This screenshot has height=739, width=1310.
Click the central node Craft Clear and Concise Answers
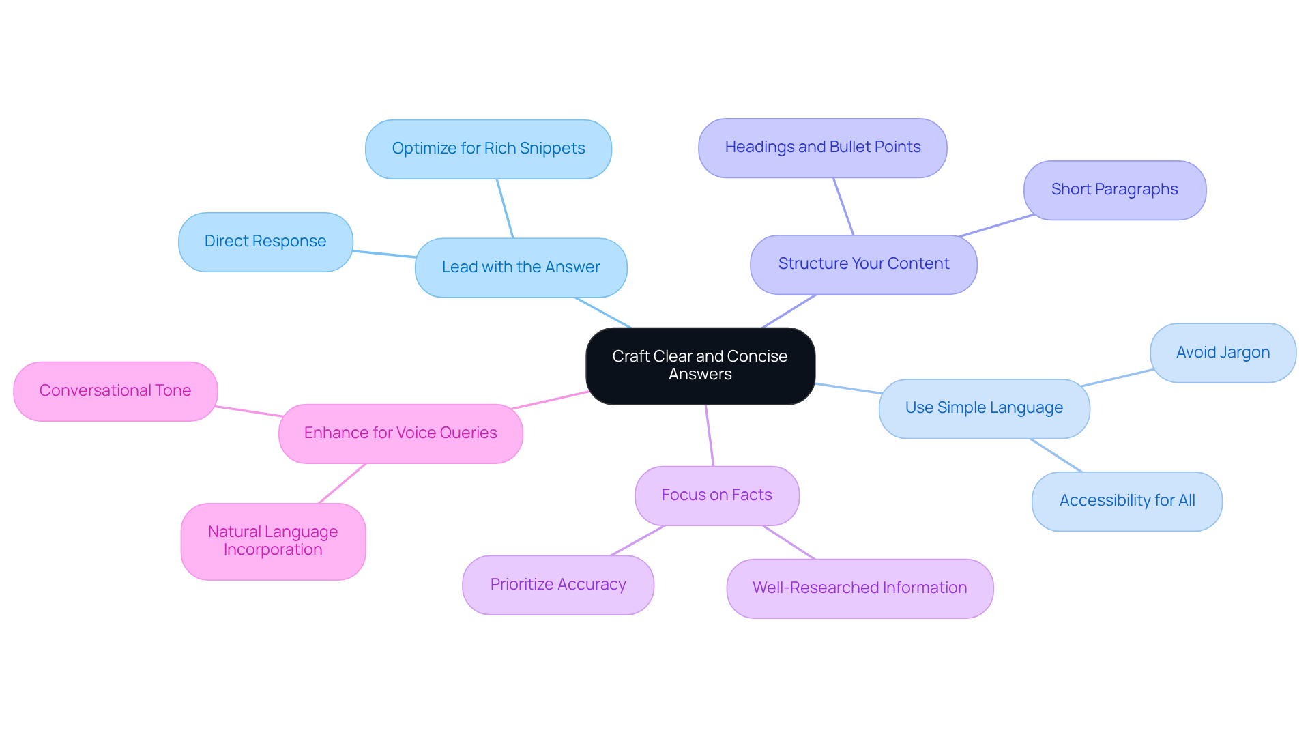click(700, 366)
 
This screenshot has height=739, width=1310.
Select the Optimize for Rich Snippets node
click(488, 149)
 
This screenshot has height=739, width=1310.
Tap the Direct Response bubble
click(265, 242)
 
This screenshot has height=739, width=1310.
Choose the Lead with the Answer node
click(521, 267)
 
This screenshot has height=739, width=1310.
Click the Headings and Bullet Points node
click(822, 147)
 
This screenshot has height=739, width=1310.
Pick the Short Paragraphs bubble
click(1114, 190)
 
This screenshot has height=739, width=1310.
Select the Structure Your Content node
click(863, 264)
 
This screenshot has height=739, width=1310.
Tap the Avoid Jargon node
click(1222, 353)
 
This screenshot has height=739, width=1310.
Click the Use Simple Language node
click(983, 408)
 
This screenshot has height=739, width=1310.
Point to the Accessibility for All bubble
click(1126, 501)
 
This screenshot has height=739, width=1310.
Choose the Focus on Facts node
click(716, 495)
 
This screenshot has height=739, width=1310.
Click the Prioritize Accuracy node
click(557, 585)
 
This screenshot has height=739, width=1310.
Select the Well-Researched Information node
click(859, 588)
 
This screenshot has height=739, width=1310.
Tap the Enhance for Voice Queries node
click(401, 433)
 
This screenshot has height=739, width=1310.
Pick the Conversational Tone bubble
click(115, 391)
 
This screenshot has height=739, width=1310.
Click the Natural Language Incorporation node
click(273, 541)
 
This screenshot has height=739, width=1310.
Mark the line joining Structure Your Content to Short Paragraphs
click(996, 226)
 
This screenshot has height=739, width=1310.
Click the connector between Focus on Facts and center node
click(710, 435)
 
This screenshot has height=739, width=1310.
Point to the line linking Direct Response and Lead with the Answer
click(383, 254)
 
